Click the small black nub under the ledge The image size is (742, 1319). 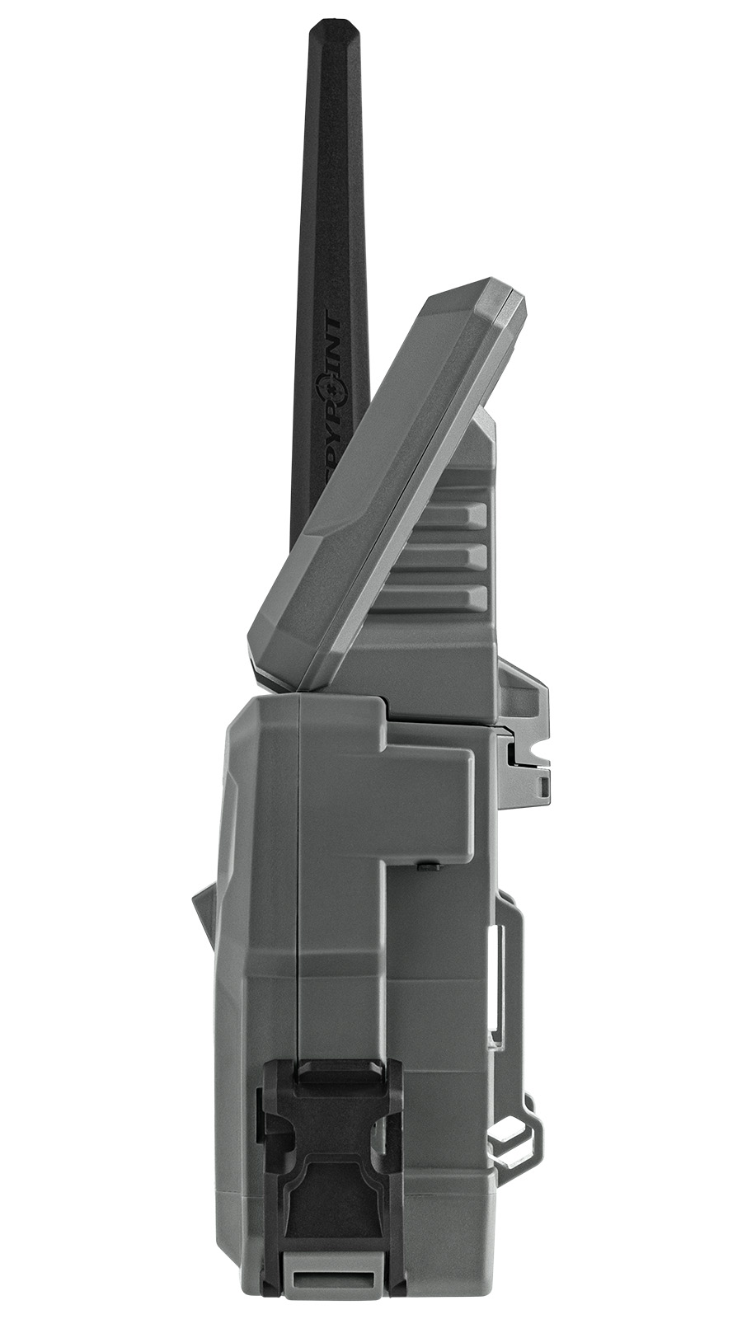429,867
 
